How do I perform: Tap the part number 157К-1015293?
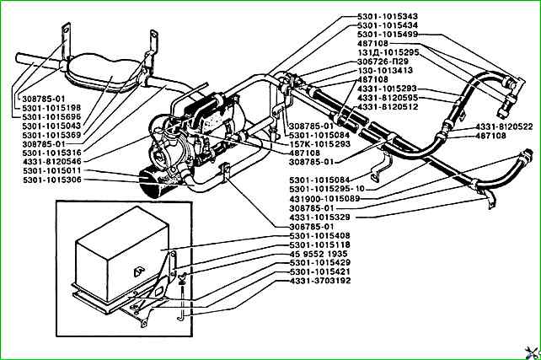click(318, 143)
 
